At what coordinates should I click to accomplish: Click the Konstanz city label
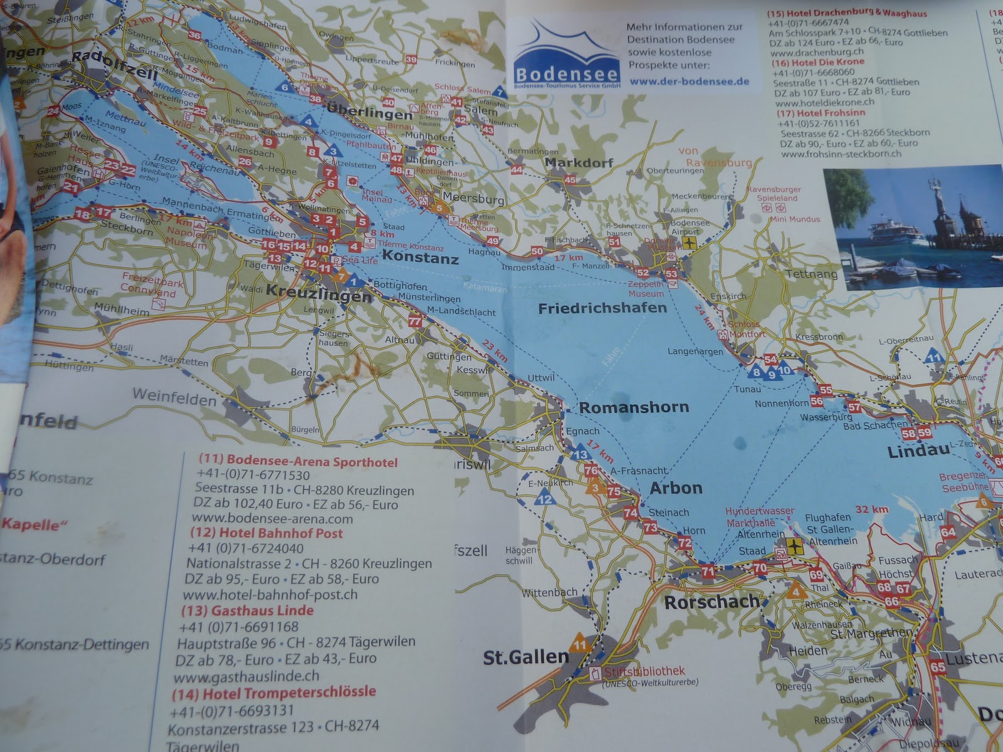[420, 258]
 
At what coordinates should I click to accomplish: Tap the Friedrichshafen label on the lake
[602, 308]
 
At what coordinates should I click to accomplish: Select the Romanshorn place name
[634, 407]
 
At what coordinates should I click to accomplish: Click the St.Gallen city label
[525, 657]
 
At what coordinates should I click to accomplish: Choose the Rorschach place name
[711, 602]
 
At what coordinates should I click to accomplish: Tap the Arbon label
[676, 488]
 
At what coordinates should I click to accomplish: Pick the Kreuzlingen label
[319, 291]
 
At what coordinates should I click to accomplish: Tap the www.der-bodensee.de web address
[689, 81]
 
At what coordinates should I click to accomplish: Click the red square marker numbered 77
[414, 321]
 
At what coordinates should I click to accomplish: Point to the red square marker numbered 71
[708, 571]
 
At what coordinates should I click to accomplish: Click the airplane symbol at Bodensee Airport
[690, 243]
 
